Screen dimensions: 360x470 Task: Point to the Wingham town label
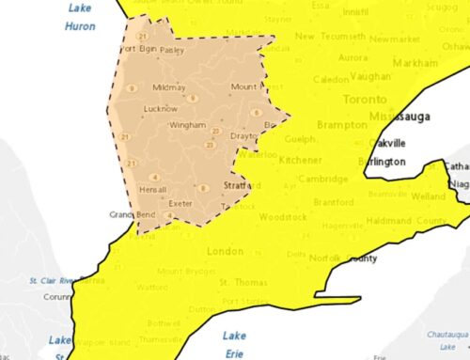click(187, 125)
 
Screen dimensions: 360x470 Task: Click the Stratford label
click(242, 186)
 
